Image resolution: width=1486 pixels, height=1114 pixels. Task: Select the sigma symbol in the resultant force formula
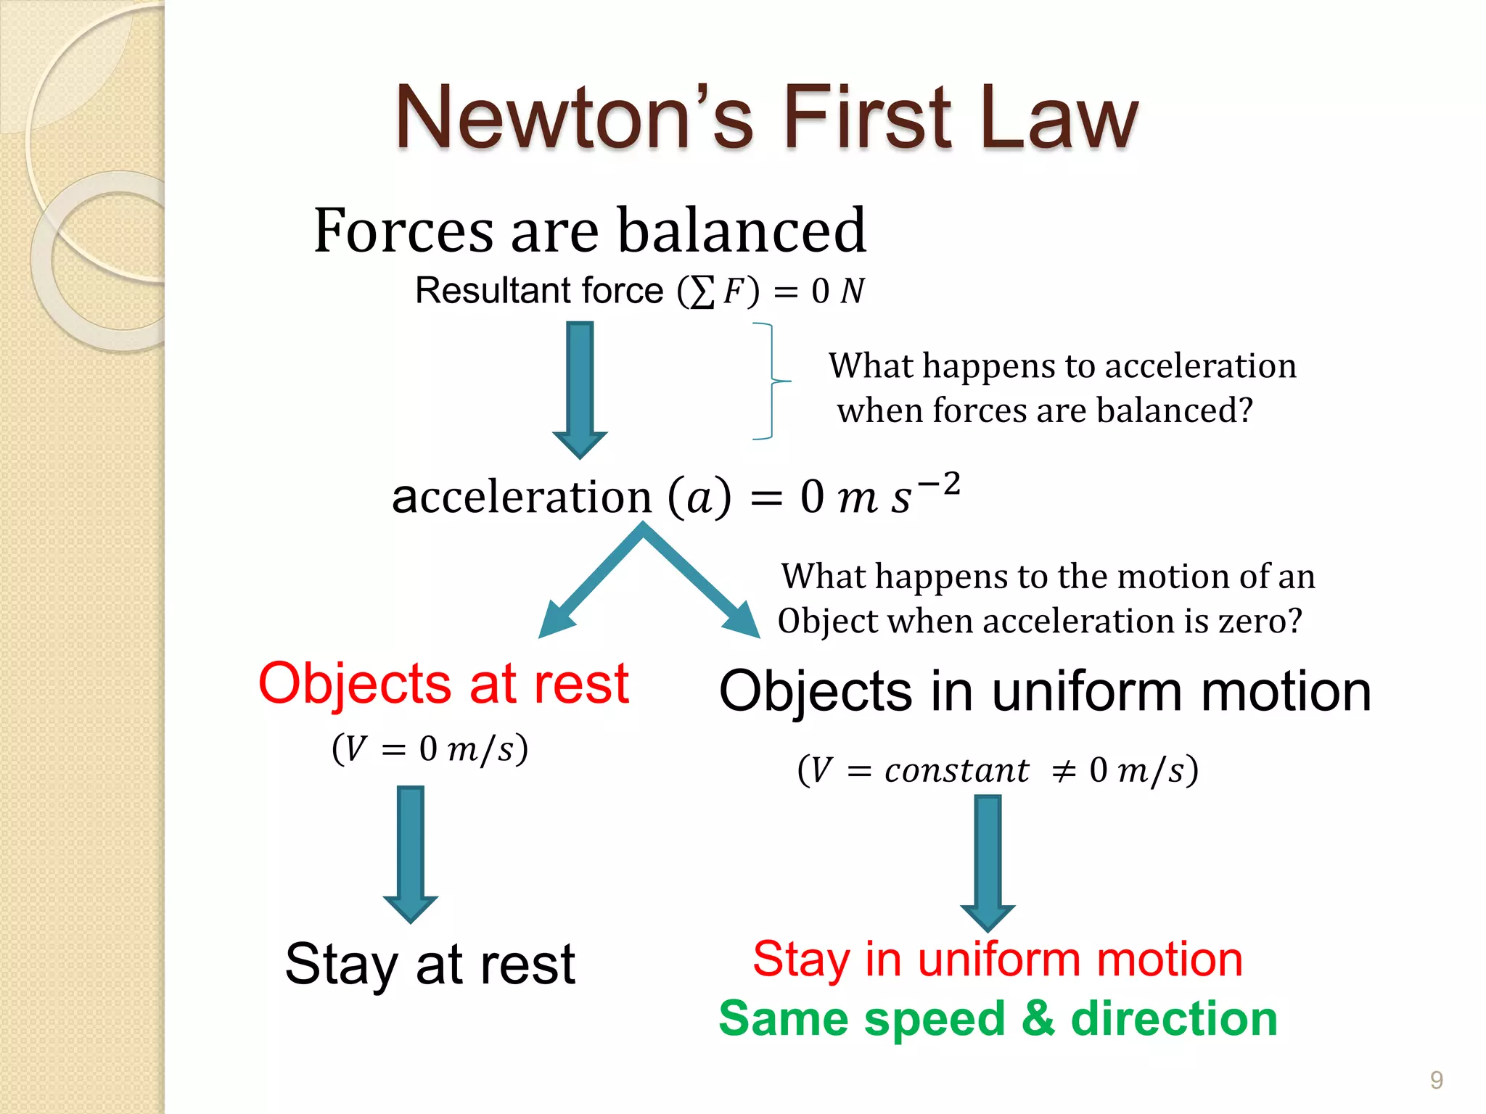click(x=702, y=292)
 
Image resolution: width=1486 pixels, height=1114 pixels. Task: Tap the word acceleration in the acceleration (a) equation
click(x=522, y=498)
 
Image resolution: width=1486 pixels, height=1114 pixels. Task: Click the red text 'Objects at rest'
click(x=443, y=683)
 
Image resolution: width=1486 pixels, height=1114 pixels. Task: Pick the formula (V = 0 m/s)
click(x=430, y=748)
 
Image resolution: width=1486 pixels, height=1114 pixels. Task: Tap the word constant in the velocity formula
click(x=956, y=770)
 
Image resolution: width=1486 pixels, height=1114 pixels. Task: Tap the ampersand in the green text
click(x=1038, y=1018)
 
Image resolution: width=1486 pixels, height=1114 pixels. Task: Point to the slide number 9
click(x=1436, y=1080)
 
